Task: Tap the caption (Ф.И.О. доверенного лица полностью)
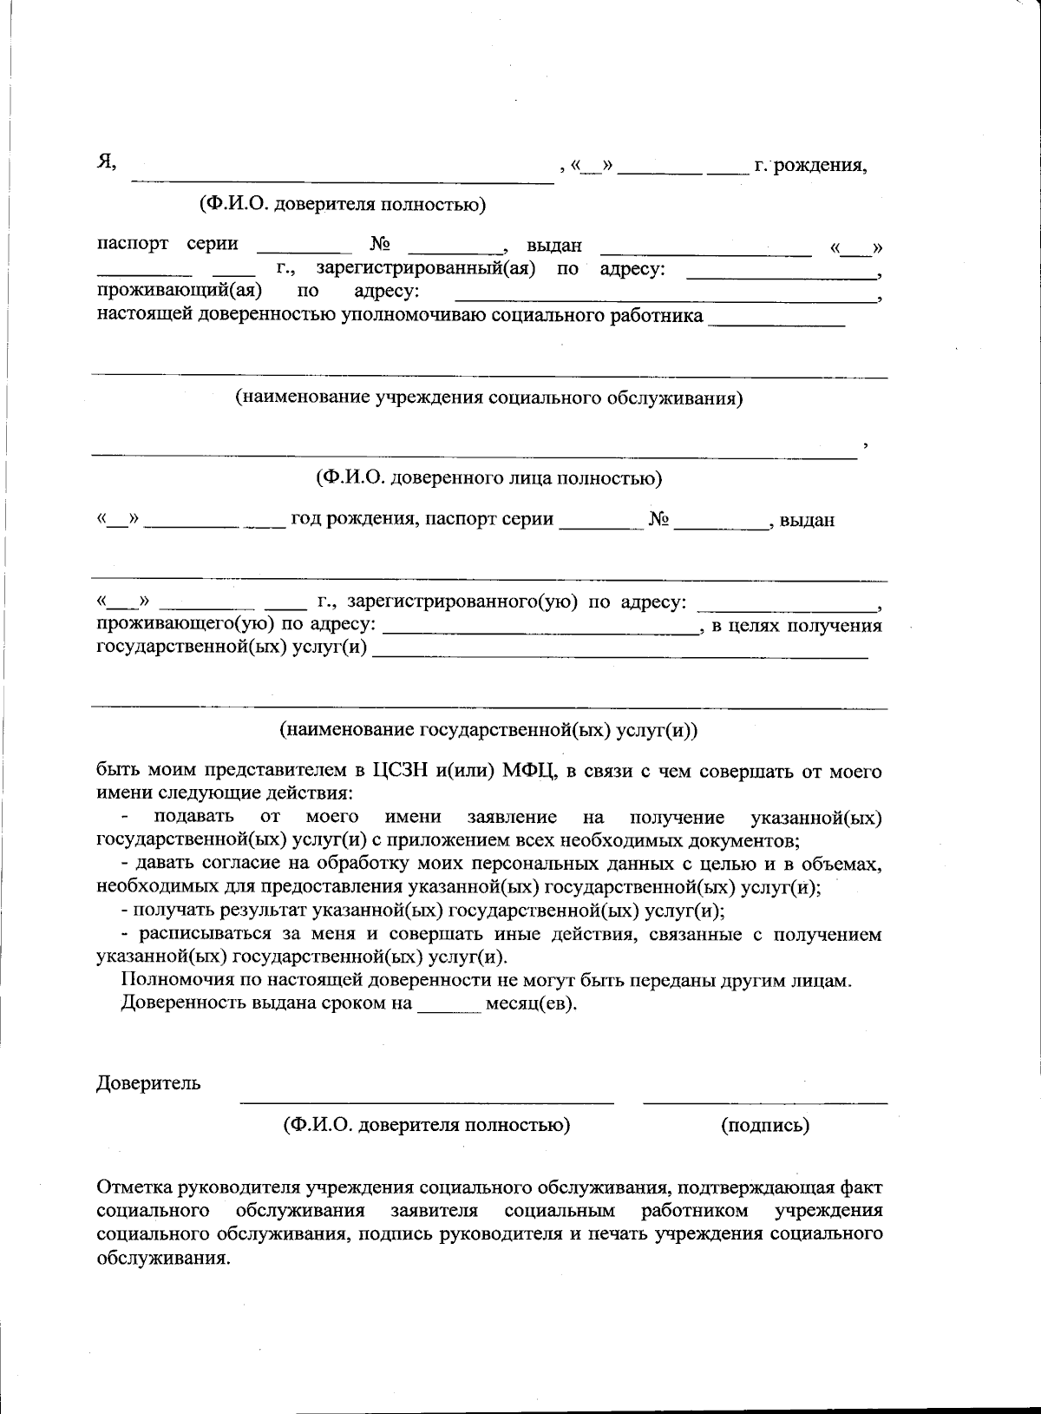(488, 478)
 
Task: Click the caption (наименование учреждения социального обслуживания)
(489, 398)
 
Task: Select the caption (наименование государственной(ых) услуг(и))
(488, 730)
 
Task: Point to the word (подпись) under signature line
(764, 1125)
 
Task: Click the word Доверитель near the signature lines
(148, 1082)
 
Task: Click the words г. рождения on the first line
(810, 165)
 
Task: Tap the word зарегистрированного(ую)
(462, 602)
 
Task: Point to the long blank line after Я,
(342, 180)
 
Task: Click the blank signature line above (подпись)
(764, 1101)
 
